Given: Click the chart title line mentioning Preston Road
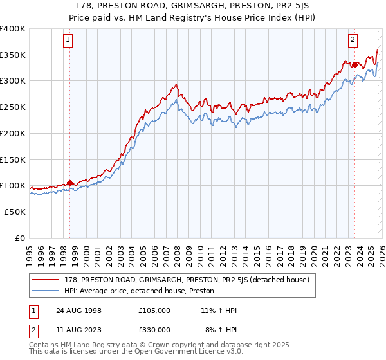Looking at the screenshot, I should point(192,6).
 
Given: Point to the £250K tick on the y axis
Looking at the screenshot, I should point(13,107).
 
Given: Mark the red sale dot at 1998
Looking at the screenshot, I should point(69,183).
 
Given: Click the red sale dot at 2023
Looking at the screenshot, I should point(354,64).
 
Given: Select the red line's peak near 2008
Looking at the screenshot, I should point(176,84).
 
